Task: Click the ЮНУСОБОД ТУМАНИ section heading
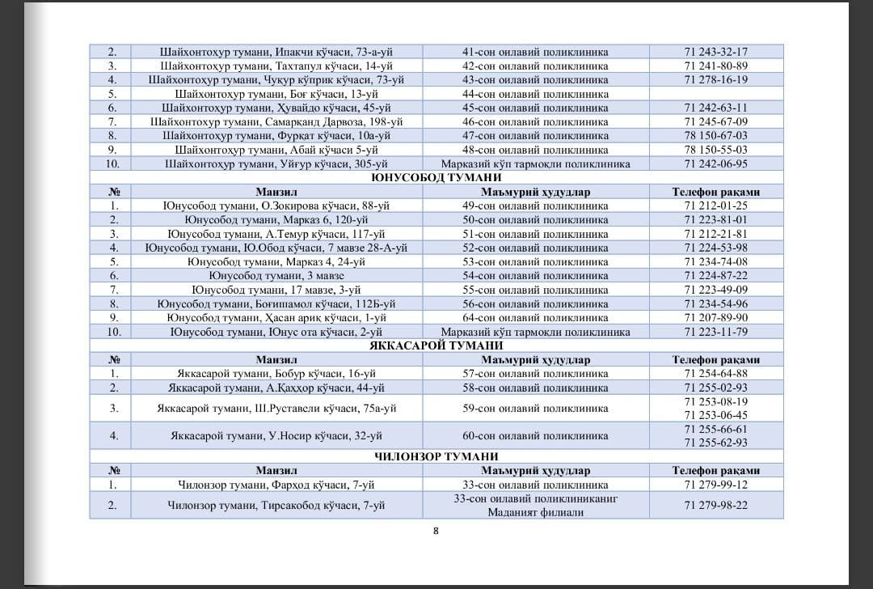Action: pyautogui.click(x=436, y=178)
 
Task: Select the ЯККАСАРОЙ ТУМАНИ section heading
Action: pyautogui.click(x=436, y=346)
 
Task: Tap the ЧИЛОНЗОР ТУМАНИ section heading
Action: pyautogui.click(x=436, y=457)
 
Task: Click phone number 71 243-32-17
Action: pyautogui.click(x=715, y=52)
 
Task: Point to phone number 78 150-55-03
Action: pyautogui.click(x=715, y=150)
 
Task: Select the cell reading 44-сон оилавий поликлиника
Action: pyautogui.click(x=535, y=94)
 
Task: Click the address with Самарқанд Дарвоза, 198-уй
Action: pyautogui.click(x=276, y=121)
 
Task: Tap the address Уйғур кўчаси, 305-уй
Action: pyautogui.click(x=276, y=163)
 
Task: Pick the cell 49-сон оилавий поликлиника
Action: pyautogui.click(x=535, y=206)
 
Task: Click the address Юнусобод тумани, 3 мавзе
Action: pyautogui.click(x=276, y=276)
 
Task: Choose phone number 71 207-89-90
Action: pyautogui.click(x=715, y=318)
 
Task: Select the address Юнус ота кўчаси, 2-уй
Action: pyautogui.click(x=276, y=332)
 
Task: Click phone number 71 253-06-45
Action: pyautogui.click(x=715, y=415)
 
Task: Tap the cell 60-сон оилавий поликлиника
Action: pyautogui.click(x=535, y=436)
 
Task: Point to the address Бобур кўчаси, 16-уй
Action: pyautogui.click(x=276, y=374)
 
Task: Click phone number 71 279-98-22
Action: pyautogui.click(x=715, y=505)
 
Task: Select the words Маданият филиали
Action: pyautogui.click(x=535, y=512)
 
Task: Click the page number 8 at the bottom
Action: pyautogui.click(x=436, y=531)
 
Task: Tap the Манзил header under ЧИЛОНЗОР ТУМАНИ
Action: pyautogui.click(x=276, y=471)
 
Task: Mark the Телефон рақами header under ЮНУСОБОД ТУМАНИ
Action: pyautogui.click(x=715, y=193)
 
